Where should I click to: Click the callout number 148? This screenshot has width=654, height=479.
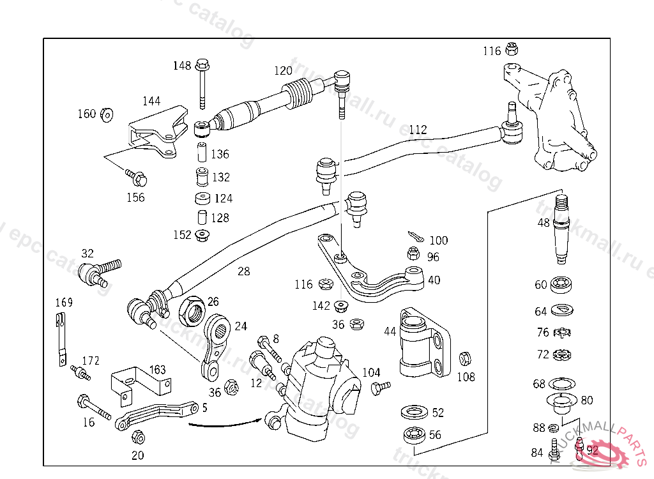(x=182, y=65)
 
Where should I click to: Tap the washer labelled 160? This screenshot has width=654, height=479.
(x=107, y=114)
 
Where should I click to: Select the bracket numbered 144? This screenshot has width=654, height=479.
(x=156, y=133)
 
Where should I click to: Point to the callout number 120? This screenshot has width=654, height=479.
(x=283, y=71)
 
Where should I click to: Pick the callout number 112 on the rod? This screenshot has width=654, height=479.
(x=418, y=130)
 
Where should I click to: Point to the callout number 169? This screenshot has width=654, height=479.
(x=64, y=302)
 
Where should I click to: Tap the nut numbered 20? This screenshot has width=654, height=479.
(x=137, y=437)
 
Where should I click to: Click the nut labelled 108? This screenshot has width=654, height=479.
(x=466, y=358)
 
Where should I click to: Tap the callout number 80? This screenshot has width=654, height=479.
(x=587, y=400)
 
